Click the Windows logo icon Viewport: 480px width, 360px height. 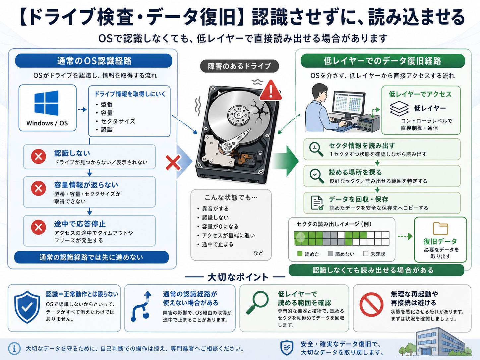46,103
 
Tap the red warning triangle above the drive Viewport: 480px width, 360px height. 271,90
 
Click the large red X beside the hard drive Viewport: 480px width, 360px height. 173,163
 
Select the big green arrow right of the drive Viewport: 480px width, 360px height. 285,161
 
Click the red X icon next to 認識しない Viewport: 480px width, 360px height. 38,156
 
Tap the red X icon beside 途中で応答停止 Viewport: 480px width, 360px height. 38,227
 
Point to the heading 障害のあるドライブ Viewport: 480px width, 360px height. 239,66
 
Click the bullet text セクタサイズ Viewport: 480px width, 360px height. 118,121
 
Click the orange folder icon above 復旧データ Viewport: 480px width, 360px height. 441,229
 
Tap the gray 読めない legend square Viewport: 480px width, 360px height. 330,254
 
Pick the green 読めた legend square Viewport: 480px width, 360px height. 300,254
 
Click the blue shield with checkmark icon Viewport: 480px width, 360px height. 27,307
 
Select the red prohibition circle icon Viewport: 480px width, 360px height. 371,305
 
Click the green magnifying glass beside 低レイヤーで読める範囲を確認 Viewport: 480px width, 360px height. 258,303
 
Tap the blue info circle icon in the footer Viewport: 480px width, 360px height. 15,348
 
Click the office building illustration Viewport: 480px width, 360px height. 435,341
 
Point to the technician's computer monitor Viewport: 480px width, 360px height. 349,103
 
